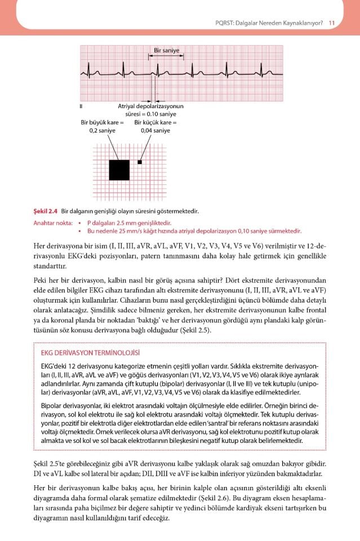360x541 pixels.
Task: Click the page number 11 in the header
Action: point(332,23)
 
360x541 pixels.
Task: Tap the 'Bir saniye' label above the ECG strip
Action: point(167,51)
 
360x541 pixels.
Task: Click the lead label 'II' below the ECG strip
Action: point(82,105)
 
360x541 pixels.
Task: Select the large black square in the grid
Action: point(119,170)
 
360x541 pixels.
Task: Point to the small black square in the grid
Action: point(140,162)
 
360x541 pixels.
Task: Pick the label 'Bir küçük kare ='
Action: point(155,122)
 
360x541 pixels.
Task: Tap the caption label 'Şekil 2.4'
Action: point(46,211)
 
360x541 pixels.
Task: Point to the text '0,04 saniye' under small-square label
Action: point(155,131)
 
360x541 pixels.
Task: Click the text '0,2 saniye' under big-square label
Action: point(102,131)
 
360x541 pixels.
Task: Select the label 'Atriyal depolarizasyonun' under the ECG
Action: point(150,106)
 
